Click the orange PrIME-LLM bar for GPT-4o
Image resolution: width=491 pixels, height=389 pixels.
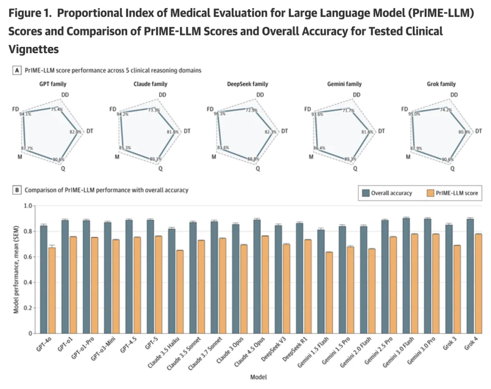[52, 290]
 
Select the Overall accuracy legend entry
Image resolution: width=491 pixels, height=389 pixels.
[387, 193]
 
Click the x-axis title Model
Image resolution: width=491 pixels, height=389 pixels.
[258, 377]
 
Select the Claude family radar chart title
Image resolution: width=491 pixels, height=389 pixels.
[150, 84]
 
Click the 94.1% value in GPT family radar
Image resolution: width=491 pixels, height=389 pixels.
[25, 115]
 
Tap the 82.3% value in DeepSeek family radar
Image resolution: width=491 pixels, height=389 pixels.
[271, 132]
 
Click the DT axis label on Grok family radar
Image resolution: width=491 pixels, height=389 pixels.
[478, 131]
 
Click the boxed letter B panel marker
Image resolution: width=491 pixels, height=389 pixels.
[17, 190]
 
